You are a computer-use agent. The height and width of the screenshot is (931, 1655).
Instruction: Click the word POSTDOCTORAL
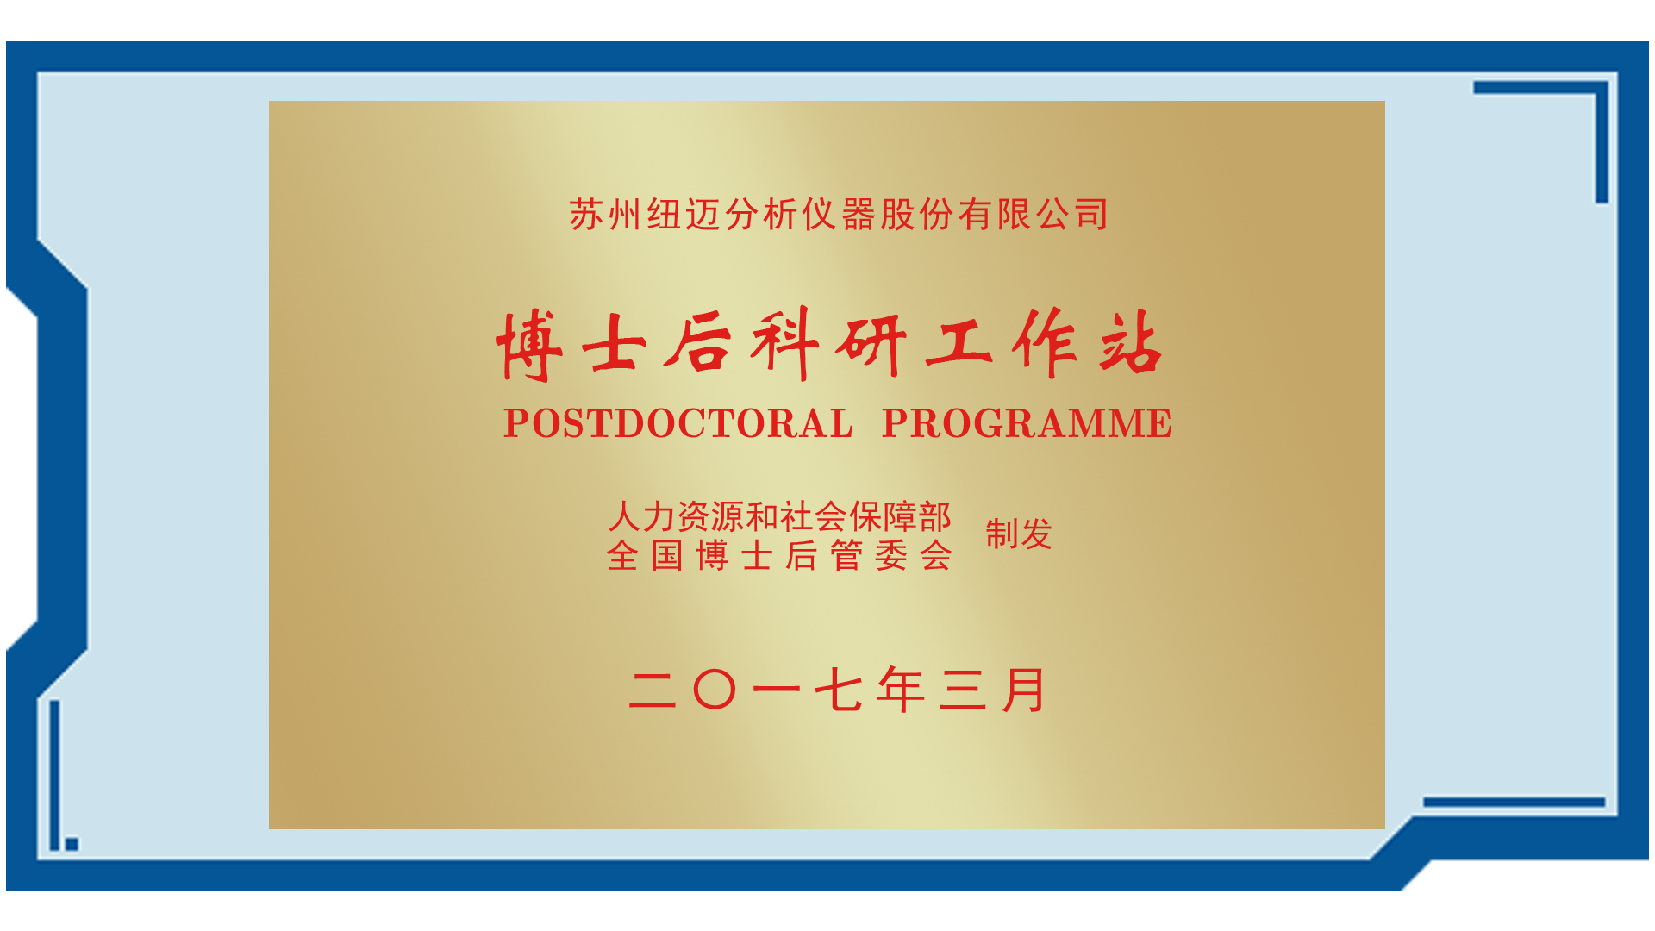tap(678, 423)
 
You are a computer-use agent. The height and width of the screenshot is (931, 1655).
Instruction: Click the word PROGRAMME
tap(1027, 423)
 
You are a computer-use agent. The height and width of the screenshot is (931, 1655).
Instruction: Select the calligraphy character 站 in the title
tap(1131, 342)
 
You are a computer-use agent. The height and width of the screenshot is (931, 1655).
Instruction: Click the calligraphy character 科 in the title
tap(784, 344)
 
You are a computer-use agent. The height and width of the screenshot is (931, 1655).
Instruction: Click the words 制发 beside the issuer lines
tap(1019, 534)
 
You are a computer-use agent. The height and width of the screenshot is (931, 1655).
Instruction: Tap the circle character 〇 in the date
tap(715, 690)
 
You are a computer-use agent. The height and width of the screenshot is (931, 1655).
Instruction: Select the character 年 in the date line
tap(901, 690)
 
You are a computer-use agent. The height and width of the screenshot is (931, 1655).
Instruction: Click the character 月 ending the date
tap(1024, 690)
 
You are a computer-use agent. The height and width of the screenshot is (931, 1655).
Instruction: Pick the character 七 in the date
tap(839, 690)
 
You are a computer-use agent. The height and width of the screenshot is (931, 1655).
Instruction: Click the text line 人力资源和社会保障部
tap(780, 517)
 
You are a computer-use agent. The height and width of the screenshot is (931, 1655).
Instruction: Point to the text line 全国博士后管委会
tap(779, 556)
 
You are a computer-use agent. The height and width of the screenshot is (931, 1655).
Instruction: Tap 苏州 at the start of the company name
tap(605, 215)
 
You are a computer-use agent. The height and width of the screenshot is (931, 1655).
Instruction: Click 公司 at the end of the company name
tap(1073, 215)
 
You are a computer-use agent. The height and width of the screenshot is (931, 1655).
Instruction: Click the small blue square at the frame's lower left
tap(72, 844)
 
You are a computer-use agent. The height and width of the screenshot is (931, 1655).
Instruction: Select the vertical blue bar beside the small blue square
tap(55, 775)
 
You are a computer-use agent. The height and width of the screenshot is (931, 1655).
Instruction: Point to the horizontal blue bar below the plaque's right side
tap(1514, 803)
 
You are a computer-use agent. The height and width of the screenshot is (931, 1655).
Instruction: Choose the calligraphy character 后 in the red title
tap(698, 342)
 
